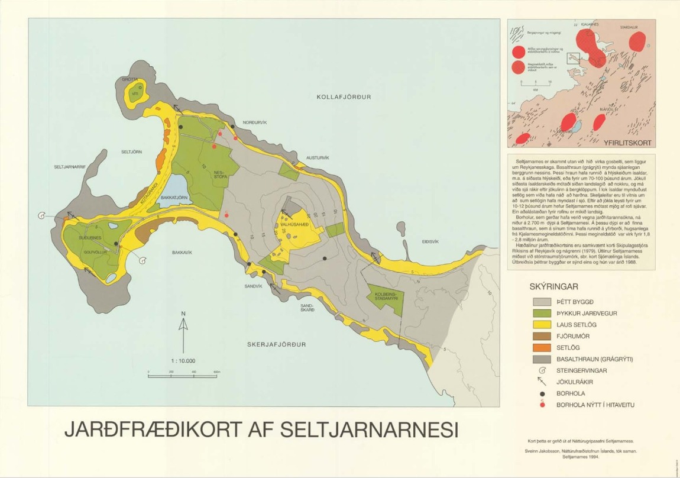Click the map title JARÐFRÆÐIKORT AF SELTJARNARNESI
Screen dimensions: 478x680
click(x=260, y=430)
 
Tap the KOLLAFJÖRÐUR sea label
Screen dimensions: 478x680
click(x=344, y=97)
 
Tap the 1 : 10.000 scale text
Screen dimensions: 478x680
click(x=183, y=361)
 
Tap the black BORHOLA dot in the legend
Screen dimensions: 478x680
click(x=542, y=393)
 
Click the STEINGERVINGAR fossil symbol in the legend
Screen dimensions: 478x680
click(x=542, y=370)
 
